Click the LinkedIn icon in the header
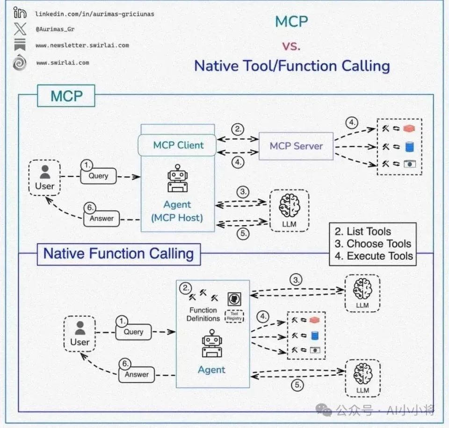click(x=20, y=13)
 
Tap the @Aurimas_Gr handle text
click(x=55, y=29)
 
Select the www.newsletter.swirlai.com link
click(x=82, y=45)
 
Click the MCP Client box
click(x=178, y=145)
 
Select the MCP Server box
click(x=296, y=146)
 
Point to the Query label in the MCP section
click(x=98, y=176)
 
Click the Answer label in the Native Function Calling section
click(x=137, y=374)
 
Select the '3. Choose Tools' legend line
click(x=373, y=243)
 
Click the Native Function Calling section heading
click(x=118, y=254)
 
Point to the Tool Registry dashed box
click(x=234, y=316)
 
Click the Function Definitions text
click(x=203, y=314)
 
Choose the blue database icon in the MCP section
click(x=410, y=147)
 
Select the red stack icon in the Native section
click(x=314, y=320)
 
